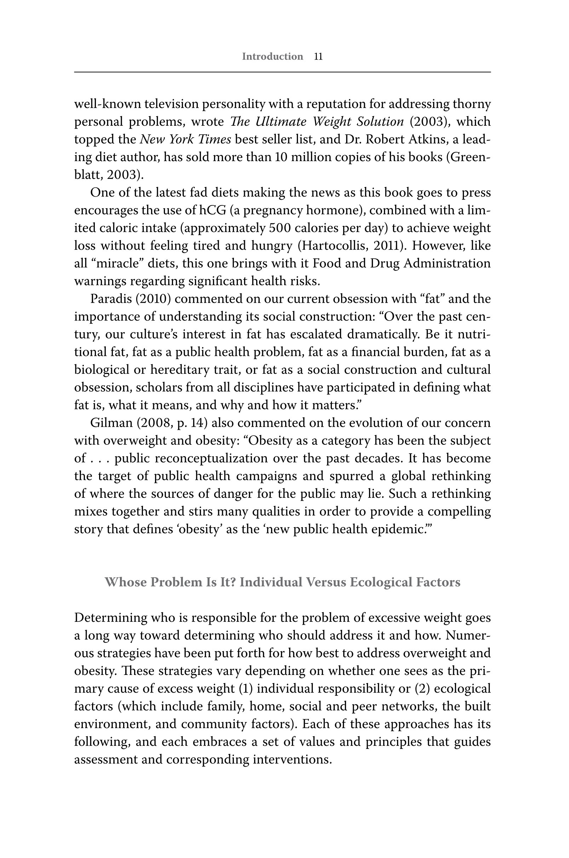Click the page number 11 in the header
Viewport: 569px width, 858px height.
coord(318,57)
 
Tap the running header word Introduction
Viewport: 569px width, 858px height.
coord(272,57)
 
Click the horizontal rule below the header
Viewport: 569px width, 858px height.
coord(282,72)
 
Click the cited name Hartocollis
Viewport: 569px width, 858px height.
coord(333,246)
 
